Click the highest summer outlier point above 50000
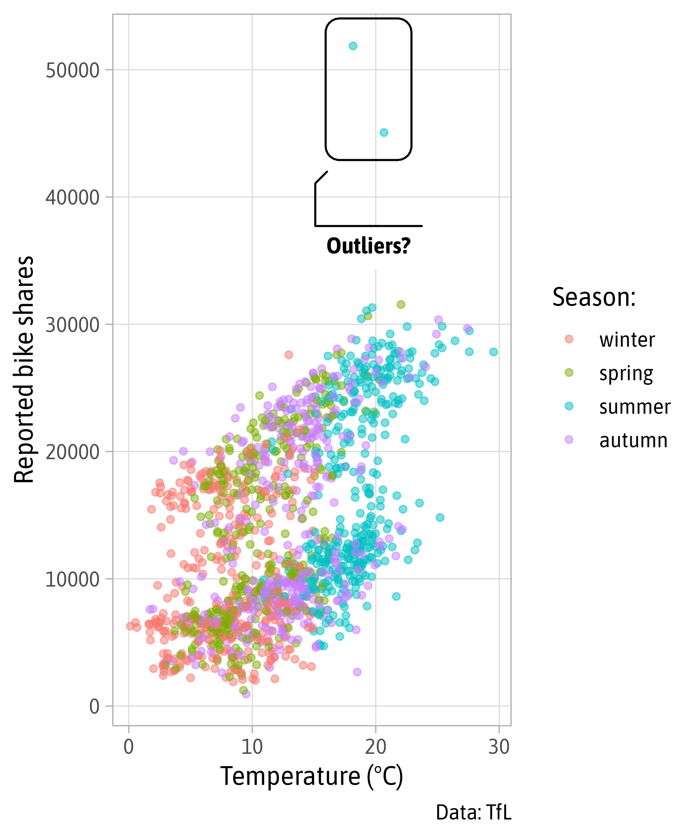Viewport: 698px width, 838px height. point(352,46)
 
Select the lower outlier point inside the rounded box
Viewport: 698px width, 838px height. point(383,132)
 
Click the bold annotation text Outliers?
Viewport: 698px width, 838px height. point(368,246)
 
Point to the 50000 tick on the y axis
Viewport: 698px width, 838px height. point(72,71)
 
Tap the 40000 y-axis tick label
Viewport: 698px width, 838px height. point(72,198)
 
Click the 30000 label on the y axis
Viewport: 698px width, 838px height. point(72,325)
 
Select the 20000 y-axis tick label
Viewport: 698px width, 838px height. point(72,452)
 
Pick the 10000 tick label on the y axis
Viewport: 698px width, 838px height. point(72,579)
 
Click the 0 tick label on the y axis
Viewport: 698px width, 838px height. point(94,707)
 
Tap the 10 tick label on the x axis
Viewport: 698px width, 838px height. point(252,747)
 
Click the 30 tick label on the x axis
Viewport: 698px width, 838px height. point(499,747)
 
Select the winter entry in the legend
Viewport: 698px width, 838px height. point(626,340)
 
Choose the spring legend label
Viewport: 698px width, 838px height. point(626,374)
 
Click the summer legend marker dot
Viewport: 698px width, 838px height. point(569,406)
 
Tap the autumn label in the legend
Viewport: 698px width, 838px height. point(633,441)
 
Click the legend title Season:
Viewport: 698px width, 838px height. point(594,298)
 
